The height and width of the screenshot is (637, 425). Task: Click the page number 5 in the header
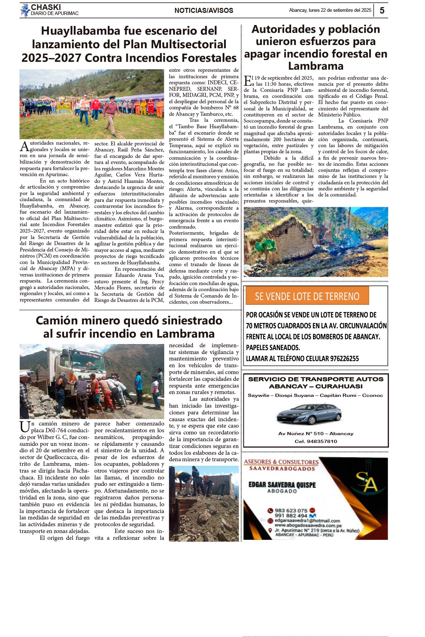point(382,10)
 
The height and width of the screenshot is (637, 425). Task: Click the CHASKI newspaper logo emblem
point(25,10)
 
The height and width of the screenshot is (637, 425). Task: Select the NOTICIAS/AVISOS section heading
point(204,11)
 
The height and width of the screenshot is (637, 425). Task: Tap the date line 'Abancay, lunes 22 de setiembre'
point(330,10)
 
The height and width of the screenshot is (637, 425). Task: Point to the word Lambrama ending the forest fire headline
point(316,66)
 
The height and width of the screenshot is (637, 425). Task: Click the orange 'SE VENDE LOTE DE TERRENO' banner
point(307,296)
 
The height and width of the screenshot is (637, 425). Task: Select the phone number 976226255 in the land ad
point(343,359)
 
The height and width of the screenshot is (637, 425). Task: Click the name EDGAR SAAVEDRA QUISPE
point(282,485)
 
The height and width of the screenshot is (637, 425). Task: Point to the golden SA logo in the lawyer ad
point(366,482)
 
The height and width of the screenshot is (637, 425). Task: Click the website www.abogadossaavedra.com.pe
point(308,526)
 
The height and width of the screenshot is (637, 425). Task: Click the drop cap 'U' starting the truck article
point(25,427)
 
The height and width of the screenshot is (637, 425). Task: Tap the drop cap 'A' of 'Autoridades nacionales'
point(24,146)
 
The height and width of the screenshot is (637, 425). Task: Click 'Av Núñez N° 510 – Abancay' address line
point(316,434)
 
